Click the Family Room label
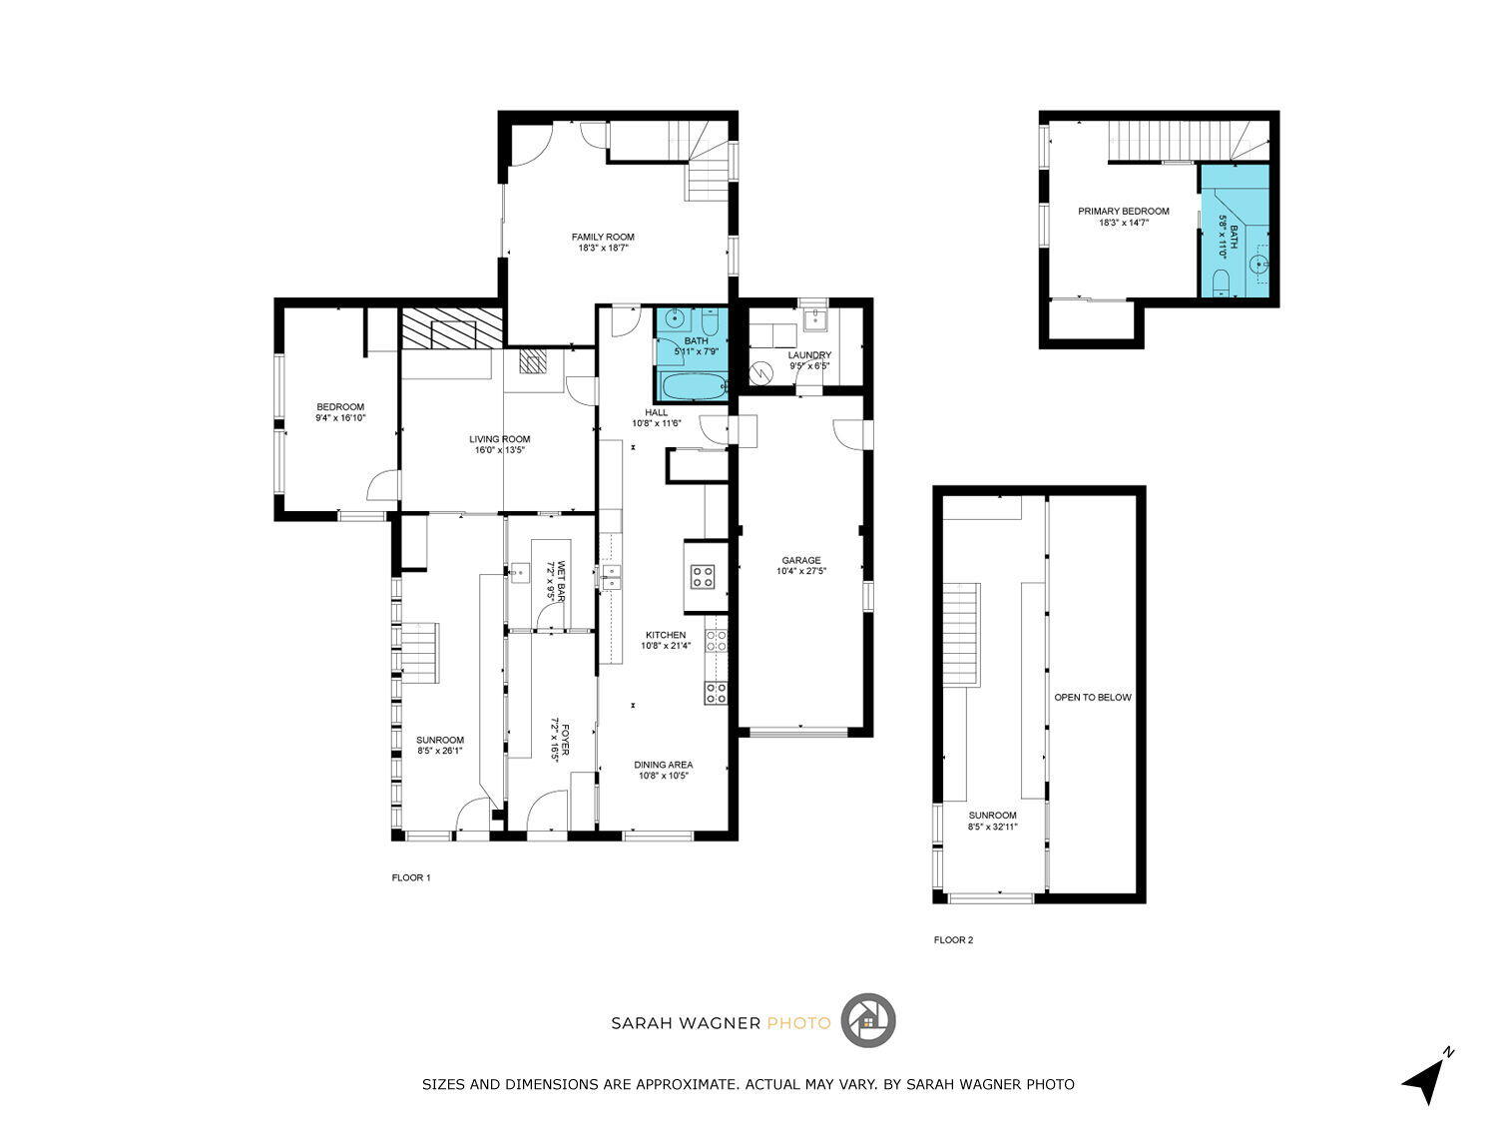602,237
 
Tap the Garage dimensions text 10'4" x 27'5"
800,571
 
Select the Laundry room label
808,355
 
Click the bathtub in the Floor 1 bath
691,386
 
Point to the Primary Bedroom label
1124,212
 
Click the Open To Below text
1092,698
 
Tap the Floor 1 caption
410,877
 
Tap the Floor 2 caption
953,939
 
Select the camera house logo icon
867,1021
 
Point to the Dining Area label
663,765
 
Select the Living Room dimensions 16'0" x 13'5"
499,450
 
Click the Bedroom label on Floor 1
339,407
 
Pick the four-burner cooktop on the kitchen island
702,577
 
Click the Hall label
656,412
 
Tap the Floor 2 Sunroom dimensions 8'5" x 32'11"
992,827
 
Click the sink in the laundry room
814,318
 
